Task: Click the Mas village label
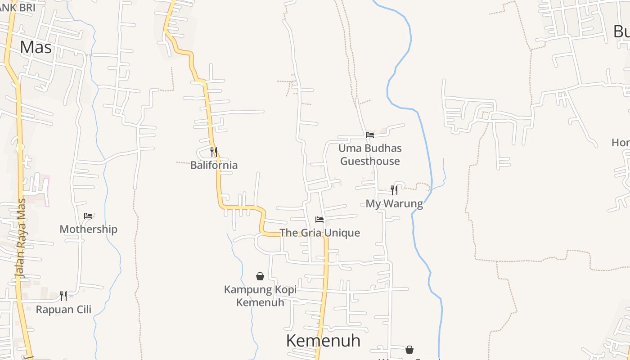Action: point(36,47)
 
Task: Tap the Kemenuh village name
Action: point(323,341)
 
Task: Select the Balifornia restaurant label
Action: point(214,165)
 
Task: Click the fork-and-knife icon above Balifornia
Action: point(214,152)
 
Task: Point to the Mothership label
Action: point(88,229)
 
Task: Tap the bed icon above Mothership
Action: point(88,216)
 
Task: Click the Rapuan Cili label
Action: point(63,310)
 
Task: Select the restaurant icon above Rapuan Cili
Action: point(63,296)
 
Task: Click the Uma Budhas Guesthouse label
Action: point(370,154)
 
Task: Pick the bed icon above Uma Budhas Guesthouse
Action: point(370,135)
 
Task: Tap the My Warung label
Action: point(394,204)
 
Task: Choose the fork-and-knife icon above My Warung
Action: point(394,190)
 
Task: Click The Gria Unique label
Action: point(320,233)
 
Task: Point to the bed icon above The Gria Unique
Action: point(319,220)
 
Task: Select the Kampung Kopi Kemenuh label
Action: point(260,296)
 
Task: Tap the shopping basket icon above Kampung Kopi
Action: point(260,276)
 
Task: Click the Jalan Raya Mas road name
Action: point(20,238)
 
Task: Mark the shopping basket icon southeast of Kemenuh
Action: point(409,350)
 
